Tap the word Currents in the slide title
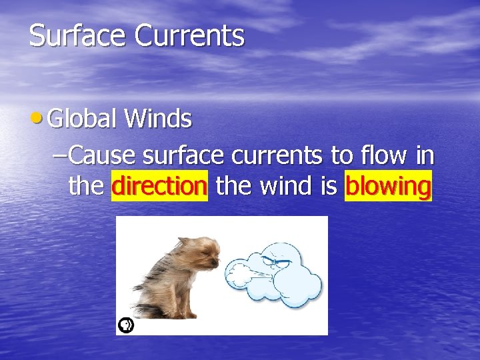point(189,35)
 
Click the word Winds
point(158,119)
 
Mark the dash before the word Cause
point(59,156)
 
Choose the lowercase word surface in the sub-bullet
point(184,156)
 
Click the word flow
point(387,156)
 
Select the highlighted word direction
point(160,186)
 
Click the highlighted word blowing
point(388,187)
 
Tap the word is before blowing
point(329,186)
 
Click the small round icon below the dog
point(125,325)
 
